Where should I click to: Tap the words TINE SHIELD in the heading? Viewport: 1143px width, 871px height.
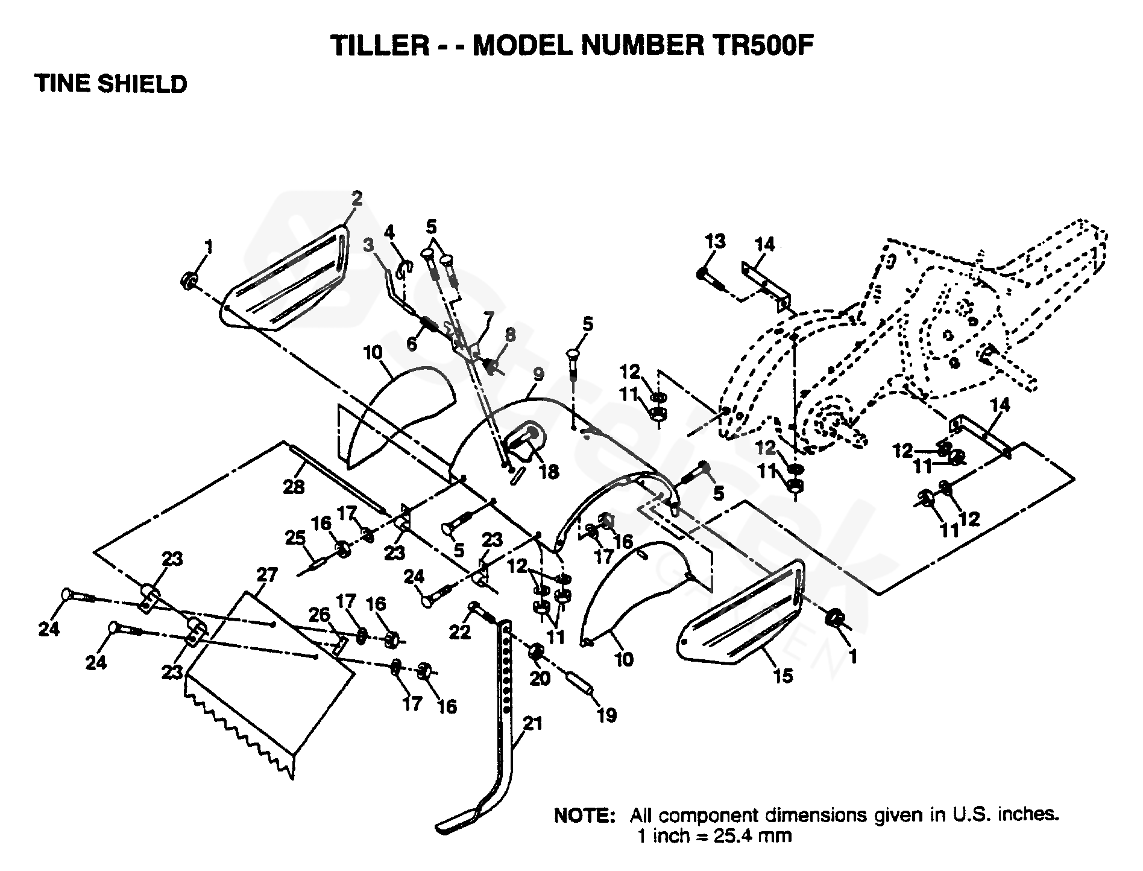(x=112, y=84)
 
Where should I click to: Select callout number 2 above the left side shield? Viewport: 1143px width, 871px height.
(x=357, y=198)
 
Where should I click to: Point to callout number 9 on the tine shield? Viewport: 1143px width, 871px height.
(x=538, y=374)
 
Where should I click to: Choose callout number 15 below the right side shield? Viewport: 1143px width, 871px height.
(x=782, y=676)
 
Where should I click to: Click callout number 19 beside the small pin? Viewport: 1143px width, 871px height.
(x=606, y=715)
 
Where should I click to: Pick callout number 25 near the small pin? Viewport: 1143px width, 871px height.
(x=295, y=537)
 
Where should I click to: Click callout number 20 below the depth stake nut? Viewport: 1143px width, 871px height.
(x=540, y=678)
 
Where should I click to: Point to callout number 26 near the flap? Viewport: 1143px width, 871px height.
(x=320, y=615)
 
